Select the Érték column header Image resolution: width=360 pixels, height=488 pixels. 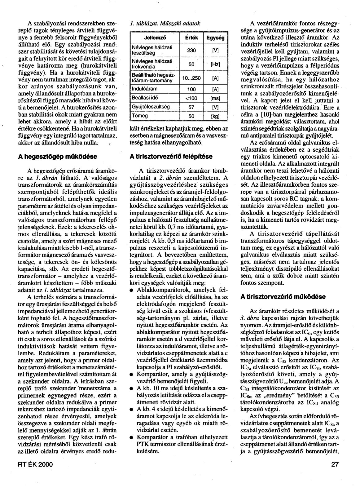(191, 38)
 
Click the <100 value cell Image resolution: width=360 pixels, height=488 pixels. (191, 99)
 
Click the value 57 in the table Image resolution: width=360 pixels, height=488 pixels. (191, 107)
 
